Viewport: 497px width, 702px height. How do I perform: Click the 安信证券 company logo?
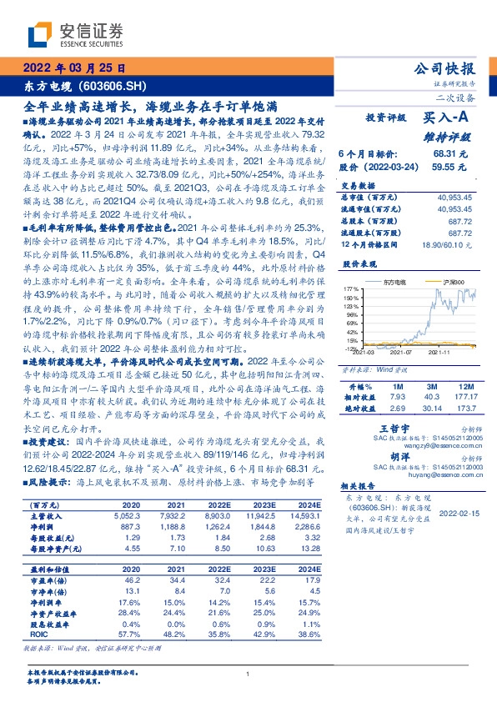(x=75, y=34)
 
